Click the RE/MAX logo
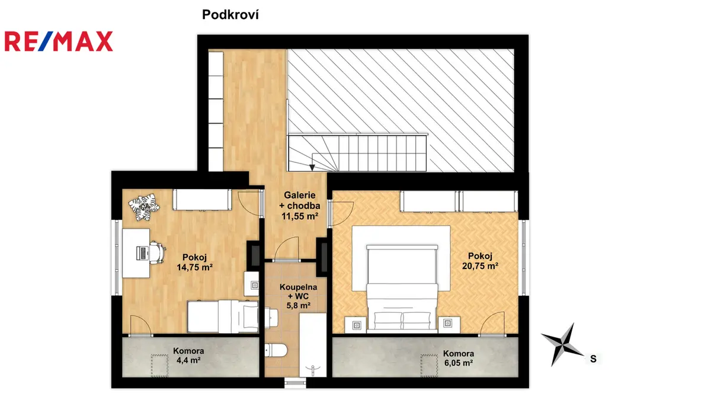pos(59,41)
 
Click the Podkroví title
pos(230,15)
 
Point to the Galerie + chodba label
pos(300,206)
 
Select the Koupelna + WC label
pos(299,296)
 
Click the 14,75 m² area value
pos(194,267)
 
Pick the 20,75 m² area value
pos(480,266)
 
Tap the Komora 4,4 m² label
pos(188,356)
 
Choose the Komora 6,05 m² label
pos(459,358)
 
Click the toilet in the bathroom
pos(276,350)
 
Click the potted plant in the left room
pos(144,207)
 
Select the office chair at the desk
pos(158,252)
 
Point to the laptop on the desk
pos(143,253)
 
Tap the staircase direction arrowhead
pos(312,168)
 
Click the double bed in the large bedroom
pos(402,288)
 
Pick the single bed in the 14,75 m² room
pos(223,316)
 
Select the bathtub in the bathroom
pos(313,345)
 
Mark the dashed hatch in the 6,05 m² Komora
pos(429,366)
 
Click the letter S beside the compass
pos(593,359)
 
